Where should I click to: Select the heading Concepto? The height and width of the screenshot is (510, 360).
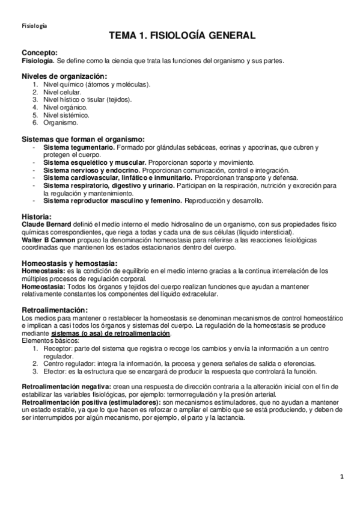tap(40, 53)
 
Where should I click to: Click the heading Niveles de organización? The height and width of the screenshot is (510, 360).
tap(64, 76)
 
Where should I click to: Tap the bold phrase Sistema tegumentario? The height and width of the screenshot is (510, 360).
tap(79, 147)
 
